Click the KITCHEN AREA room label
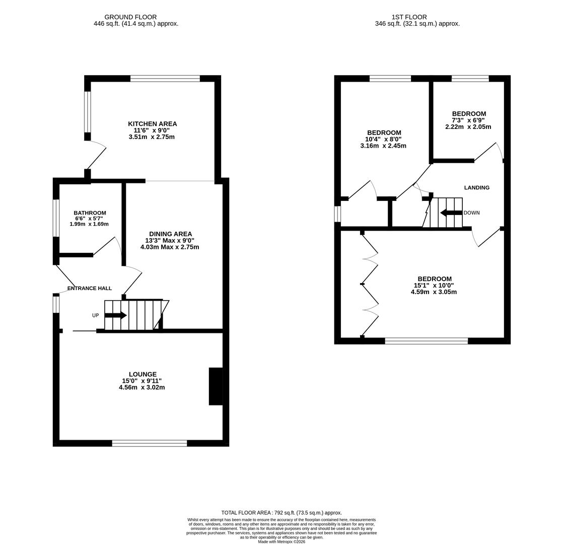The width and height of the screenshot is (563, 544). coord(152,124)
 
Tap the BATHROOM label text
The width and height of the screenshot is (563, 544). coord(90,213)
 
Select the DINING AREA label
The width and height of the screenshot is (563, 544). coord(170,234)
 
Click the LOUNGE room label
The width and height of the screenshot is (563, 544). coord(143,374)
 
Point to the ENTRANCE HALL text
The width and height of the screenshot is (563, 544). coord(90,289)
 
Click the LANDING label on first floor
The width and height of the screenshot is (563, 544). coord(476,188)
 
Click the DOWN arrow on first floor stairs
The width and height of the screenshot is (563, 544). coord(451,213)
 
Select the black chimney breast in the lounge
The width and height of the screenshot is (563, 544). coord(216,386)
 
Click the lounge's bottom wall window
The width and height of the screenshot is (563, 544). coord(150,443)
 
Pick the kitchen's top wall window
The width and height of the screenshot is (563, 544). coord(165,79)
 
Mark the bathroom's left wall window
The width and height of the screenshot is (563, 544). coord(56,218)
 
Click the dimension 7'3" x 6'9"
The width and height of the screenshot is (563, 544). coord(468,120)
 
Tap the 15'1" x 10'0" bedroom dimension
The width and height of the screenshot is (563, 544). coord(434,286)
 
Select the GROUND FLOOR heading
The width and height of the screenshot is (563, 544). coord(130,17)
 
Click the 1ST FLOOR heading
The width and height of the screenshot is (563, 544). coord(409,17)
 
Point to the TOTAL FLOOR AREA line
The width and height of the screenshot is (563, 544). coord(281,513)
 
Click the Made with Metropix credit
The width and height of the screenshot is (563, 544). coord(281,541)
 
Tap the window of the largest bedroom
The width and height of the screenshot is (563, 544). coord(426,341)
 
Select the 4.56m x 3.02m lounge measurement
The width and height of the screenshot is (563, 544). coord(142,387)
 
